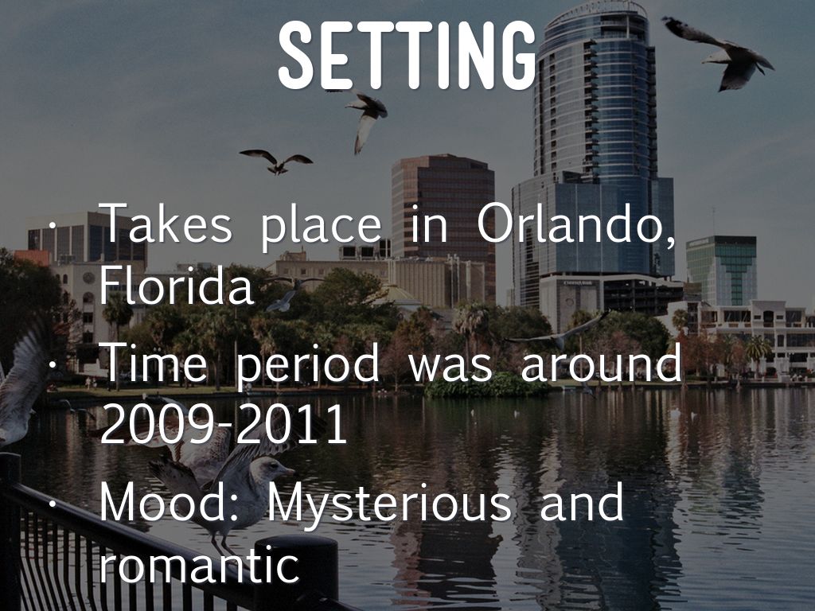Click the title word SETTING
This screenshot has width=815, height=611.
tap(407, 56)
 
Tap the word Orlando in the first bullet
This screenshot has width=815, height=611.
tap(576, 224)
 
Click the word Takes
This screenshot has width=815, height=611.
tap(166, 224)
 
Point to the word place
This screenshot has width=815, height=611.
tap(322, 228)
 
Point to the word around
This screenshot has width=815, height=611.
tap(601, 362)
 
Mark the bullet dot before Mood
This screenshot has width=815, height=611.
tap(52, 504)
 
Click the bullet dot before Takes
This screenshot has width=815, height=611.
tap(52, 226)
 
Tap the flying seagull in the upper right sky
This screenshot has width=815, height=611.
tap(719, 52)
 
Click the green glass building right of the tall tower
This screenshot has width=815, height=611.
tap(721, 270)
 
